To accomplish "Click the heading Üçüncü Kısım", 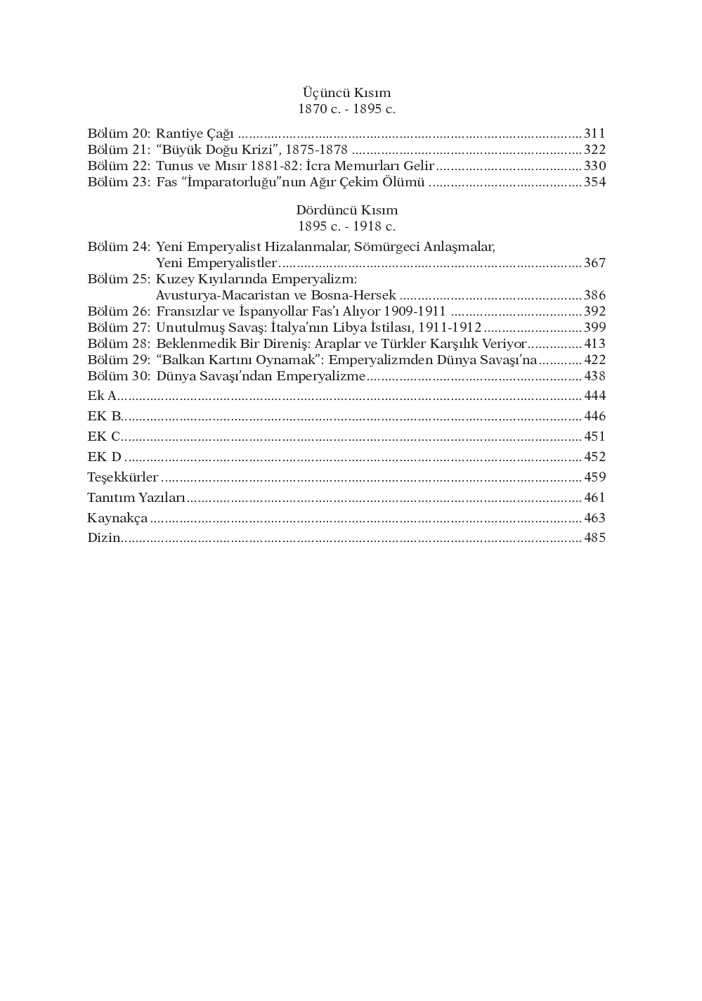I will [346, 93].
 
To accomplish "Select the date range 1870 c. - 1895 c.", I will [346, 109].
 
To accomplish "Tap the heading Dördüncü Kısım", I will [346, 210].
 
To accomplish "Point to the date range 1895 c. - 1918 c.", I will [346, 226].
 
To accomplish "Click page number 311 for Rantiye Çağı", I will [594, 134].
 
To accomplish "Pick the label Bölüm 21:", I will [119, 150].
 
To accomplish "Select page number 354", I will [594, 182].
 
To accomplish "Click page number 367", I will [594, 263].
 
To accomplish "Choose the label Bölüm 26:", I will [119, 311].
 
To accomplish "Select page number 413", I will [594, 344].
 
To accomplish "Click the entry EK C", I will [104, 437].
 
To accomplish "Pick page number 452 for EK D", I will [594, 457].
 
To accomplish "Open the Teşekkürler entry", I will [123, 477].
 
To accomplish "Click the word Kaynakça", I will [117, 518].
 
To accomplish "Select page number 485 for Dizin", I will [594, 538].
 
